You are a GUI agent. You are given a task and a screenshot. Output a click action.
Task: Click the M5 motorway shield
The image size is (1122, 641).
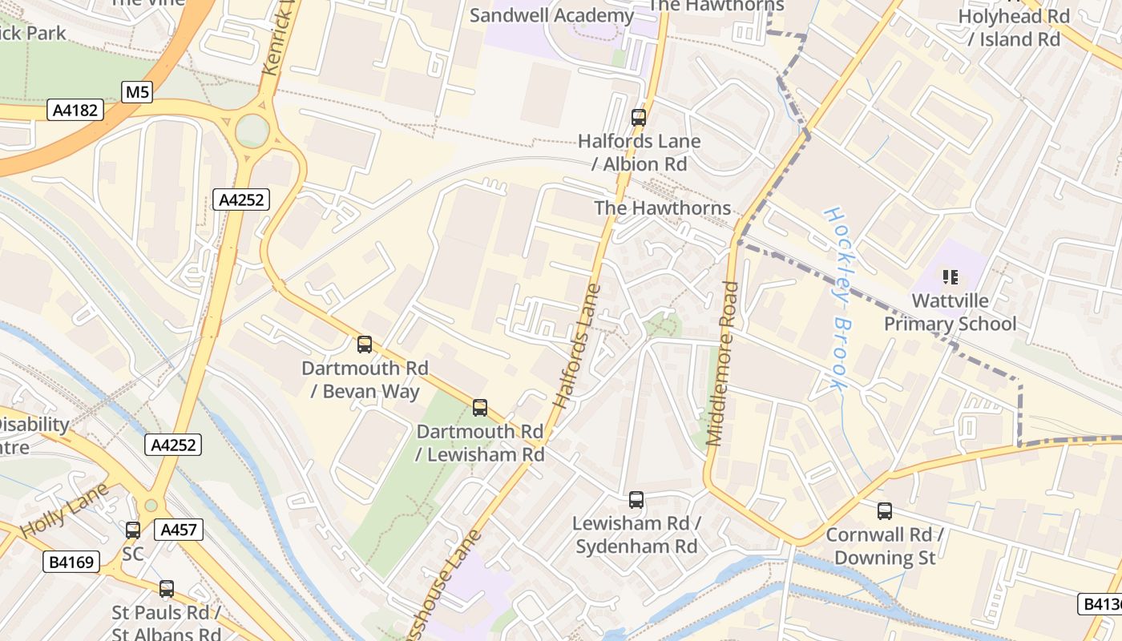pos(137,92)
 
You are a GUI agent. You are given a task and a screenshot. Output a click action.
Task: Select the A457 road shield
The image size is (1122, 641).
pos(179,529)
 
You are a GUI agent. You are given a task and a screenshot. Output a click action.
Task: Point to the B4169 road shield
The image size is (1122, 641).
pos(71,562)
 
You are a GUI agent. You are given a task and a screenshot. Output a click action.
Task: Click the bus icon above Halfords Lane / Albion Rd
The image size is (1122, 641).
pos(639,118)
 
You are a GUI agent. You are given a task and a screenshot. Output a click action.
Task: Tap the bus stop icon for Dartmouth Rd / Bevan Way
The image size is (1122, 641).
pos(365,345)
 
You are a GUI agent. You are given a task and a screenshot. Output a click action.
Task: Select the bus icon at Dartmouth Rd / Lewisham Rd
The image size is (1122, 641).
pos(480,408)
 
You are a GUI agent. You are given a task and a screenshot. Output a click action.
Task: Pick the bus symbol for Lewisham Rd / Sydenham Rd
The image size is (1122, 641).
pos(636,500)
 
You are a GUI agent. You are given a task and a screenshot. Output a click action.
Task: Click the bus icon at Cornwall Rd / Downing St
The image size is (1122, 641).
pos(885,511)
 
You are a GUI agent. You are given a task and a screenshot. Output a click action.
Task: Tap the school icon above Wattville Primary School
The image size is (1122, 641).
pos(950,278)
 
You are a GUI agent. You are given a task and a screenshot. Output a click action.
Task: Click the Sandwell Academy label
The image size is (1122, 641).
pos(551,15)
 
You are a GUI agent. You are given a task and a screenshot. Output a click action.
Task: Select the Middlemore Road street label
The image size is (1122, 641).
pos(723,363)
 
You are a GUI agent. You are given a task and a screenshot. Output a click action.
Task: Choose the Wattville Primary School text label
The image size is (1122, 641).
pos(950,312)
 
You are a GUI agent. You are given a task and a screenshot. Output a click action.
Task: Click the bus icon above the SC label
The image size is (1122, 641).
pos(133,530)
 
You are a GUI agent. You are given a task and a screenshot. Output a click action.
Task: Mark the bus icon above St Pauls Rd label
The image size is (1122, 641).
pos(167,589)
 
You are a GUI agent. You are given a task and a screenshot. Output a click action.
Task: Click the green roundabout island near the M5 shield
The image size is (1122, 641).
pos(252,131)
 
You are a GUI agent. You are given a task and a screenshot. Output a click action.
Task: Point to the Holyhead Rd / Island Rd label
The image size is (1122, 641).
pos(1014,27)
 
